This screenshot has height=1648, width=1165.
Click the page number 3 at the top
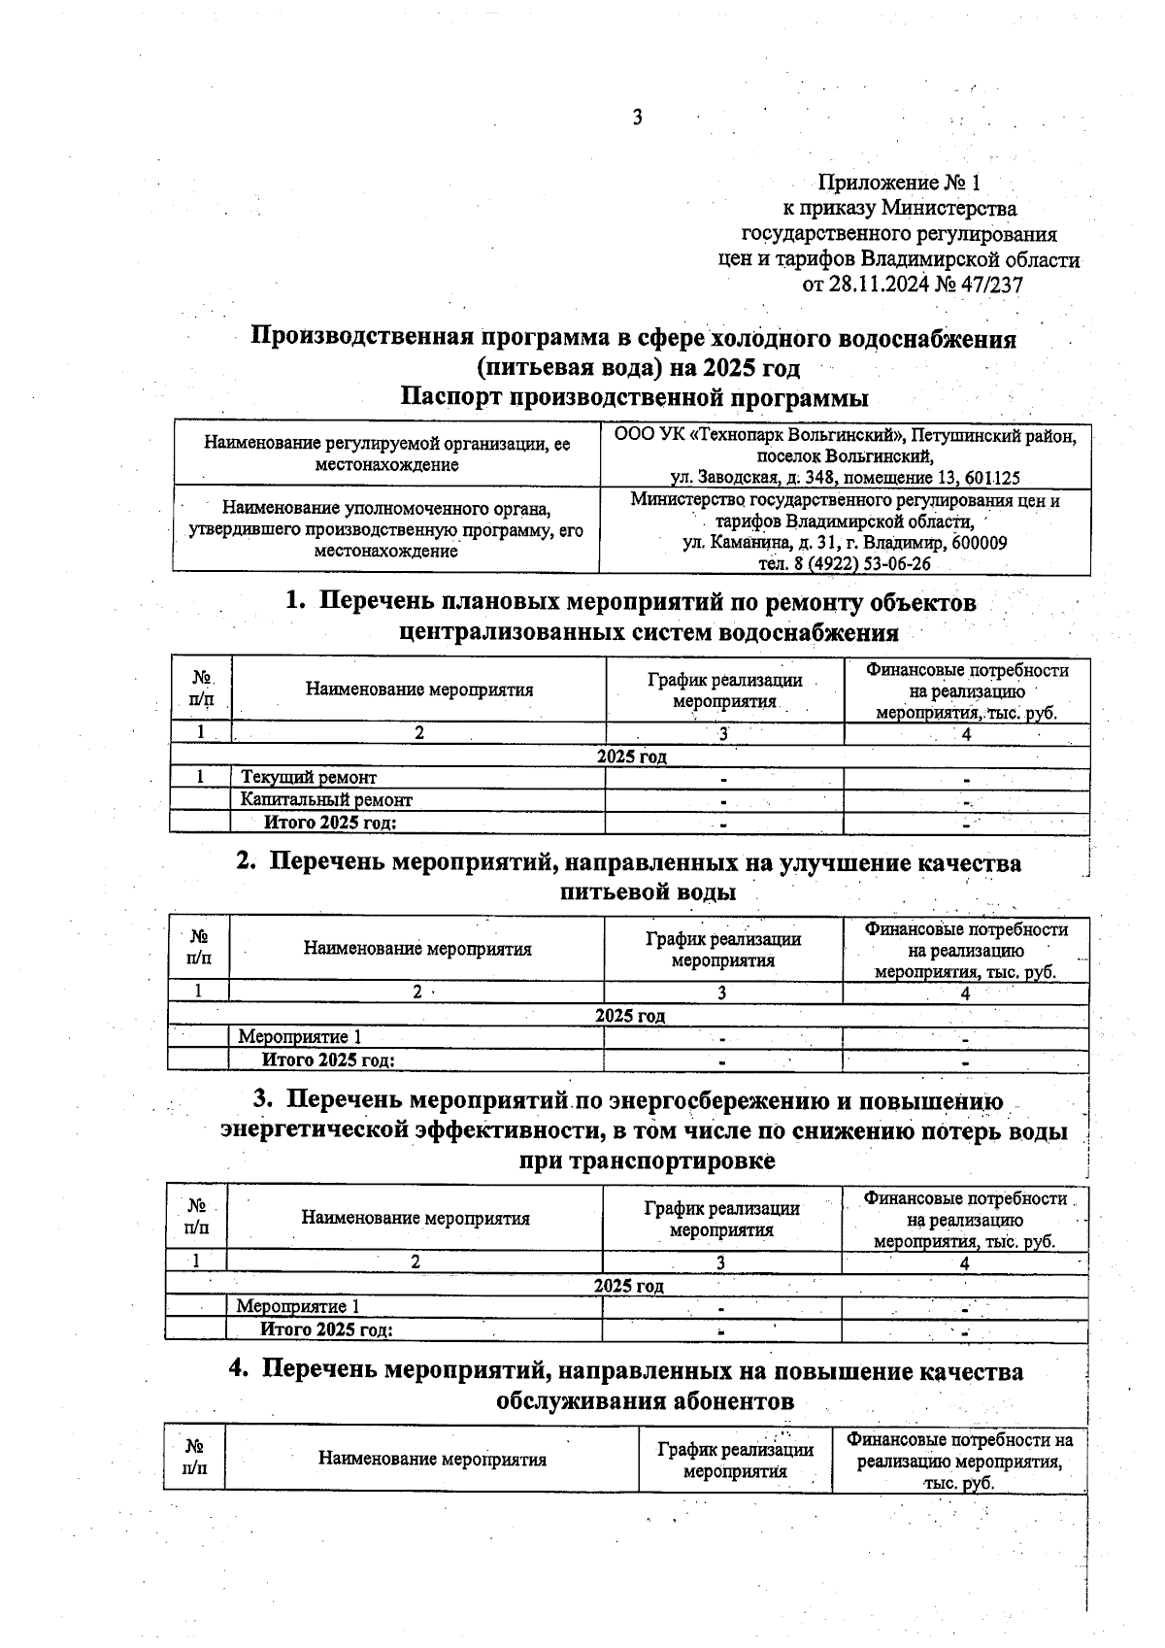pos(637,118)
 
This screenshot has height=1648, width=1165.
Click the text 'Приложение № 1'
pos(900,183)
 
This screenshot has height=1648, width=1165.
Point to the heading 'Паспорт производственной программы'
pos(634,397)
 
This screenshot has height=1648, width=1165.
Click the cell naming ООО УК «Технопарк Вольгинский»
pos(845,455)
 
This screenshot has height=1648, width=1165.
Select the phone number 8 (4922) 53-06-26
pos(844,564)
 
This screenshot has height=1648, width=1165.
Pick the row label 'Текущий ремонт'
pos(309,777)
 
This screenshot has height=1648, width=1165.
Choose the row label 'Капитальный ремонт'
pos(326,800)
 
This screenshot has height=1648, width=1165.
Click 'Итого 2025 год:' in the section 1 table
pos(332,823)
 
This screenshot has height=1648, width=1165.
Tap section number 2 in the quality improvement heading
pos(246,862)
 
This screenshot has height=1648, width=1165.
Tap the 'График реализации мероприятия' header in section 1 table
pos(724,690)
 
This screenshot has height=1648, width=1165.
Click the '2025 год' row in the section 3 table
pos(628,1286)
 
